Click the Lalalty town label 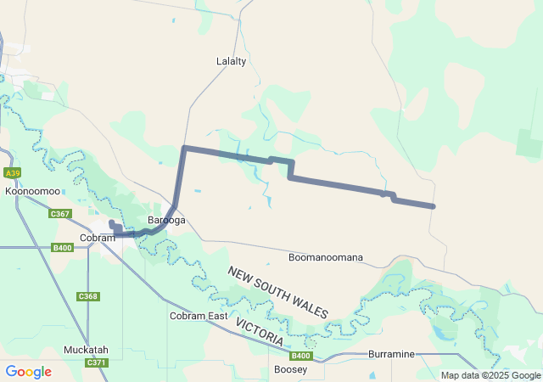pos(232,61)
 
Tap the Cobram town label pos(97,238)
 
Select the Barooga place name pos(166,221)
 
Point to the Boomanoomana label pos(326,257)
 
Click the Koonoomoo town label pos(32,192)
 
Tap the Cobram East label pos(198,316)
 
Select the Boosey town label pos(291,370)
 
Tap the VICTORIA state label pos(260,332)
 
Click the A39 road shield pos(12,173)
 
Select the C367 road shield pos(59,214)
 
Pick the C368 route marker pos(88,296)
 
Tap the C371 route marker pos(96,362)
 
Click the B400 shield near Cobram pos(62,248)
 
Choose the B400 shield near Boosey pos(301,357)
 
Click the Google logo pos(28,372)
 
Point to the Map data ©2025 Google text pos(490,375)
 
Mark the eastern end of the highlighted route pos(434,206)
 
